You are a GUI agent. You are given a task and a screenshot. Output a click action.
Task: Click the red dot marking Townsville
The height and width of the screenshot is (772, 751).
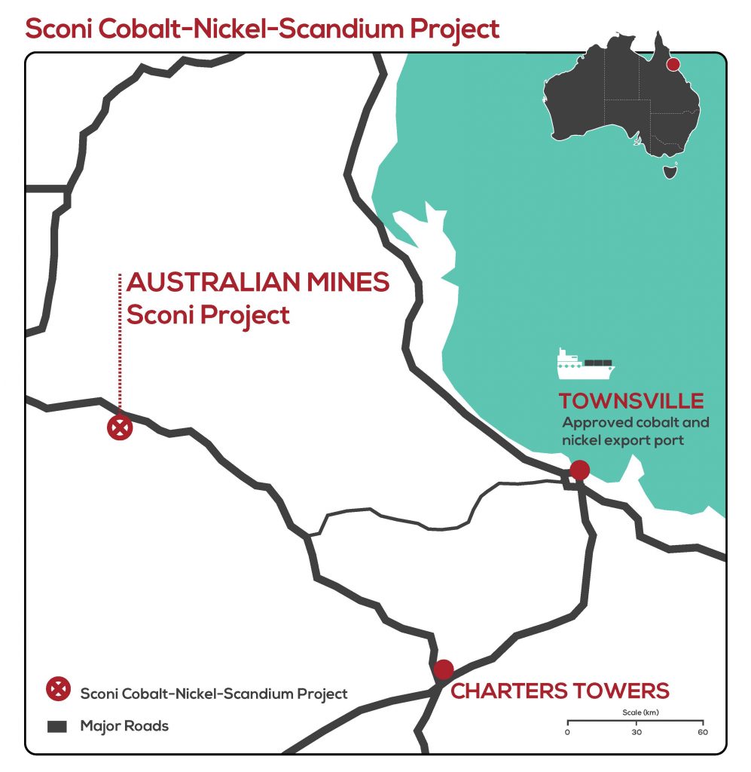pos(579,470)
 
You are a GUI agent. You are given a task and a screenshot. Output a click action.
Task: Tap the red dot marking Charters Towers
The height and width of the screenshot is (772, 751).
pos(444,669)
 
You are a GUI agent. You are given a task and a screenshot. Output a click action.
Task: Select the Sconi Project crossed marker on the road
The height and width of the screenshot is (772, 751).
pos(119,428)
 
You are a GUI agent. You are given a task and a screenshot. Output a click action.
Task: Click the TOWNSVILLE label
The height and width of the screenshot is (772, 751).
pos(630,400)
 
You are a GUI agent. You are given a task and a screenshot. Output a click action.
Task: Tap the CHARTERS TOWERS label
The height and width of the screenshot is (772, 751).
pos(559,690)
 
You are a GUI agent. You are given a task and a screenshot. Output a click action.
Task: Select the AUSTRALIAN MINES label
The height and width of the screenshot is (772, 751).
pos(258,283)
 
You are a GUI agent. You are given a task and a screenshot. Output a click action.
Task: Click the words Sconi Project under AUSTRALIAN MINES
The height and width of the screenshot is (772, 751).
pos(208,314)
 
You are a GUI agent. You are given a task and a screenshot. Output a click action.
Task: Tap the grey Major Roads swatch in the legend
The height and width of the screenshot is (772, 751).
pos(58,727)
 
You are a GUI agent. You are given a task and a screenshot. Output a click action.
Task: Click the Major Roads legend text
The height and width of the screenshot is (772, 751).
pos(124,727)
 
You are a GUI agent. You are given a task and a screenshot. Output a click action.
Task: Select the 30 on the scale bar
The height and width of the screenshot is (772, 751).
pos(636,732)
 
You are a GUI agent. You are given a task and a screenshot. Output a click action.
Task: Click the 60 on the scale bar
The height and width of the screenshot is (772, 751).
pos(703,732)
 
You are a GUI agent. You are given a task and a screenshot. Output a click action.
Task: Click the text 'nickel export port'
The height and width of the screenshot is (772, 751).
pos(623,440)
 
